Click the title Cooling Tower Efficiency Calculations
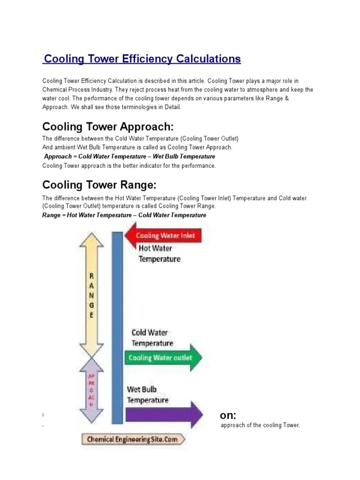point(142,59)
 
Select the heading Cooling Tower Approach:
point(108,127)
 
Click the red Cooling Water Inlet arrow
point(163,236)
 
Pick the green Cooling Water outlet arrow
point(164,358)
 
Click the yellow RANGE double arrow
point(91,295)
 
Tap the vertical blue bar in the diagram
point(117,328)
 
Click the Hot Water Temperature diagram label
point(159,253)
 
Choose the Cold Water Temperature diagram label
point(152,337)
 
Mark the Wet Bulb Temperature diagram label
point(148,395)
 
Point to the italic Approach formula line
point(129,157)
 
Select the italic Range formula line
point(124,215)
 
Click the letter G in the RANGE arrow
point(91,306)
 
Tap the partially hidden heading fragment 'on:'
point(228,415)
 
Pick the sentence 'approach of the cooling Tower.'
point(260,425)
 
